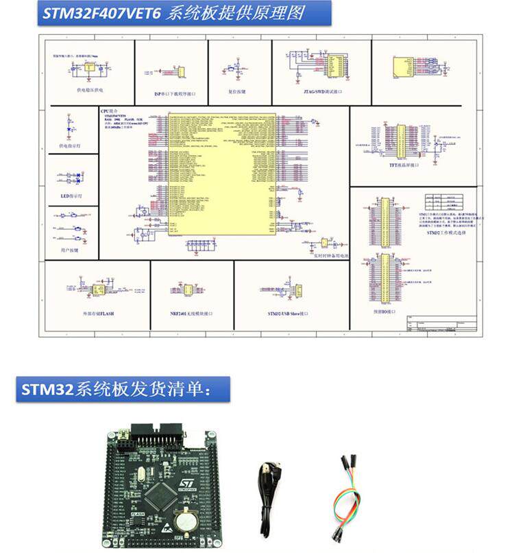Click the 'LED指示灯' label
click(71, 196)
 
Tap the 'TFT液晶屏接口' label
click(404, 165)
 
